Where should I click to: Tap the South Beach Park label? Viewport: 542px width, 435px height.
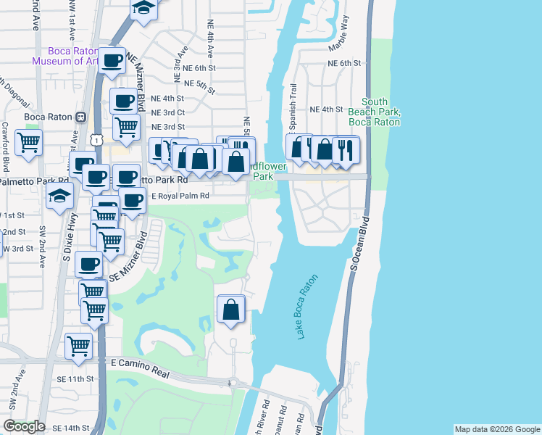[x=374, y=112]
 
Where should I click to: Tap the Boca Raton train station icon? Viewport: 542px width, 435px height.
[x=81, y=116]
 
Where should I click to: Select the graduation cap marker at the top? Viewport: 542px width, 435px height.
[x=143, y=9]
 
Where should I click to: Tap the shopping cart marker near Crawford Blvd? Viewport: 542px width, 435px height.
[x=28, y=142]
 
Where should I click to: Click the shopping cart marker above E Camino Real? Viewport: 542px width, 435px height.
[x=78, y=344]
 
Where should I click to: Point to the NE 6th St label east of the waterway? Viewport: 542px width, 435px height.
[x=343, y=63]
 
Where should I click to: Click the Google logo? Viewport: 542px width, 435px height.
[x=24, y=426]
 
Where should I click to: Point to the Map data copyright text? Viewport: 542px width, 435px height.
[x=496, y=429]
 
